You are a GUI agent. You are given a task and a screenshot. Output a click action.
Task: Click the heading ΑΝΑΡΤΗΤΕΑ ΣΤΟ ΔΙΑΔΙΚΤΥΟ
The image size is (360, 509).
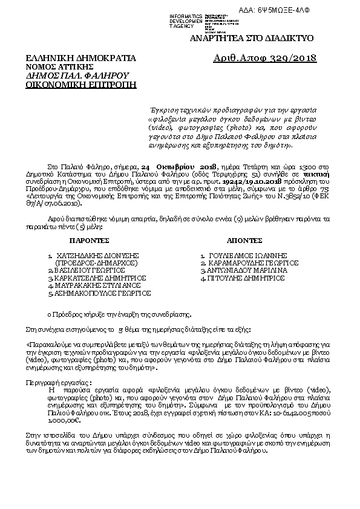[x=251, y=38]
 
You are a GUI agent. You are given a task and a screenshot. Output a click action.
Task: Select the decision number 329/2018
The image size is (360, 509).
[x=293, y=58]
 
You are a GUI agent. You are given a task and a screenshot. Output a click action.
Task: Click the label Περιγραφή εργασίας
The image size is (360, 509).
[x=58, y=383]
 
